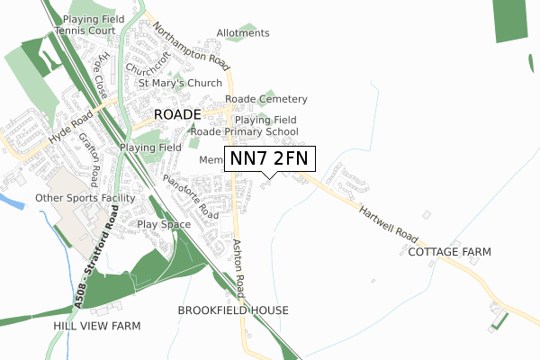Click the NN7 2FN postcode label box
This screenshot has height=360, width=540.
pyautogui.click(x=269, y=158)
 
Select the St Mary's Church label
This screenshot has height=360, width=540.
pyautogui.click(x=180, y=84)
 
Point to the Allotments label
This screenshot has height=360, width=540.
pyautogui.click(x=243, y=33)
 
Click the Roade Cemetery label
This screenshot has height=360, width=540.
pyautogui.click(x=266, y=99)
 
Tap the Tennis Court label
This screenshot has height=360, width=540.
pyautogui.click(x=85, y=30)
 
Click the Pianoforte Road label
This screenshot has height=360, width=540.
pyautogui.click(x=191, y=197)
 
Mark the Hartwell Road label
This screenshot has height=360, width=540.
pyautogui.click(x=388, y=224)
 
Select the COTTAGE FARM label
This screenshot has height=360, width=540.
pyautogui.click(x=449, y=252)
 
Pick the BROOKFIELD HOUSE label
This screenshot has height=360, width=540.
pyautogui.click(x=233, y=310)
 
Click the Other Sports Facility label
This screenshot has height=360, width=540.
pyautogui.click(x=85, y=197)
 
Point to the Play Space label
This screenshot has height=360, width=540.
pyautogui.click(x=164, y=223)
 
